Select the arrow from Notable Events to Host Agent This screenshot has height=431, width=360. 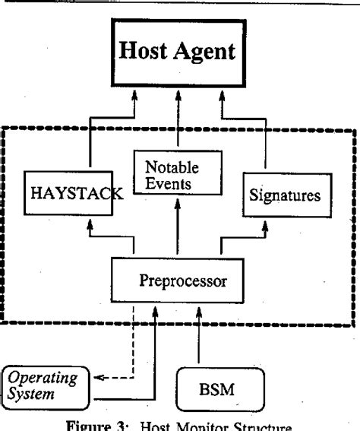point(178,114)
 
